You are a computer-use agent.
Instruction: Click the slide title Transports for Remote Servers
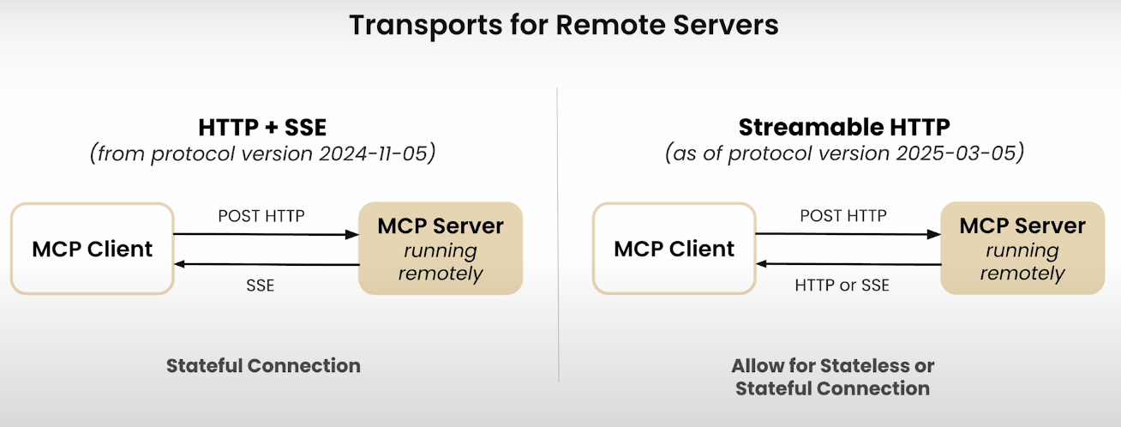tap(564, 25)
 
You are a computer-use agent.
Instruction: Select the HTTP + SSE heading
tap(262, 127)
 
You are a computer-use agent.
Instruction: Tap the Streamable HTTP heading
tap(844, 127)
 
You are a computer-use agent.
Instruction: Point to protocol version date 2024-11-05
tap(374, 153)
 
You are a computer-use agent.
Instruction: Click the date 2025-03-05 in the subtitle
tap(956, 153)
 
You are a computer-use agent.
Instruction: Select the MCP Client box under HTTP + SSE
tap(92, 249)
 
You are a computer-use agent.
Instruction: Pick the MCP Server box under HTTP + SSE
tap(441, 249)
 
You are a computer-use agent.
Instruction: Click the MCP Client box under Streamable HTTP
tap(674, 249)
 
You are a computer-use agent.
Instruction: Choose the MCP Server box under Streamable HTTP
tap(1022, 249)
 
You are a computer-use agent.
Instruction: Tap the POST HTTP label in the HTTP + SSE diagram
tap(261, 216)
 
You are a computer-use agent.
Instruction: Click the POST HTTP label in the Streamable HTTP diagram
tap(843, 216)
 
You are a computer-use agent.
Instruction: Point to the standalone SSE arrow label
tap(261, 286)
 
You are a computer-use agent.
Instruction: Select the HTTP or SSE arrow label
tap(842, 286)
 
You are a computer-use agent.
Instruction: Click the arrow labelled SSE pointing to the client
tap(267, 264)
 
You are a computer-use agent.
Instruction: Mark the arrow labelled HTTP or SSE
tap(848, 264)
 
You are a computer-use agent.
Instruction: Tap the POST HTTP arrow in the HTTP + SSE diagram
tap(267, 234)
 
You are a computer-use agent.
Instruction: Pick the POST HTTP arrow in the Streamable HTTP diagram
tap(848, 234)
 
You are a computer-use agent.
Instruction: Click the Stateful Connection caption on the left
tap(263, 366)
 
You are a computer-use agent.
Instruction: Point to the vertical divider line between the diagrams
tap(558, 235)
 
